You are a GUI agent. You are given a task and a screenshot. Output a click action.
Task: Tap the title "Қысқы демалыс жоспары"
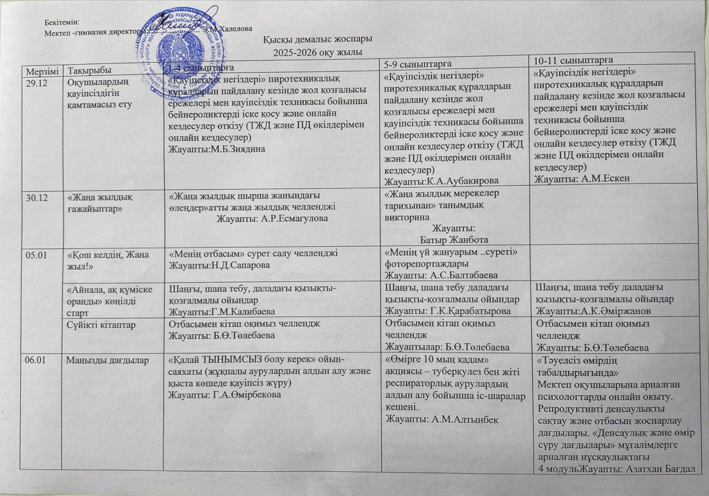[x=318, y=39]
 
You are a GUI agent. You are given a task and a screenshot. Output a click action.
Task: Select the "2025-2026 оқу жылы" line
[x=318, y=52]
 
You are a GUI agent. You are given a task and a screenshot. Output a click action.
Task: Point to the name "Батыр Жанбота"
[x=454, y=239]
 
